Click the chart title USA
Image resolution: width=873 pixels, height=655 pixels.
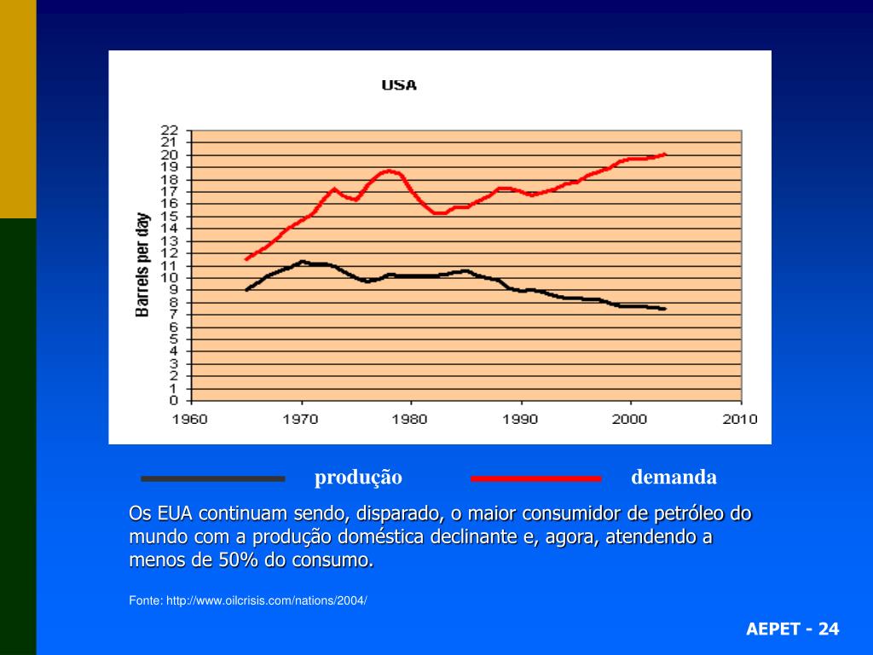click(398, 85)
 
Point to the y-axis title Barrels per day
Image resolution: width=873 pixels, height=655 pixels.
click(142, 265)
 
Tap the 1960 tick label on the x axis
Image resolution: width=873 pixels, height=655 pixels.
click(192, 420)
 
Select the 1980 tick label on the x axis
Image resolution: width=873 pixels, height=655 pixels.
click(411, 420)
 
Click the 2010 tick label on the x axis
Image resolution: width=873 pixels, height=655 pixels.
click(740, 420)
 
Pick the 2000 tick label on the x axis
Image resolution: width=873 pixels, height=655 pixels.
click(630, 420)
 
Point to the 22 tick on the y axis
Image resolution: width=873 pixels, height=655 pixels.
click(169, 130)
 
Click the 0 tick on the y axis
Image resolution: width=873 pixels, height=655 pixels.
click(173, 400)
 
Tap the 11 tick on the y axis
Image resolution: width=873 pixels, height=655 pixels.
click(169, 265)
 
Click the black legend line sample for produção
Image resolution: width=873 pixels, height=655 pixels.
click(212, 478)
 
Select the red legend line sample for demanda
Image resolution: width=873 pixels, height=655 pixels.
click(535, 478)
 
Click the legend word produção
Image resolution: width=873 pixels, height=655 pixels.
click(358, 478)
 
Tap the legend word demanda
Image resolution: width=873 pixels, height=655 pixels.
click(674, 478)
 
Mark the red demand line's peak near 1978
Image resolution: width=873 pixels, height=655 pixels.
click(389, 171)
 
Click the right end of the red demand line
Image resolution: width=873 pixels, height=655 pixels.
click(664, 154)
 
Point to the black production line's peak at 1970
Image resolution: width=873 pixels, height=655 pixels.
click(302, 262)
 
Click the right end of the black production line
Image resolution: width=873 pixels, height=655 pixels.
click(663, 309)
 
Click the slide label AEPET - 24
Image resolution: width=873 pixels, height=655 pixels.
click(792, 629)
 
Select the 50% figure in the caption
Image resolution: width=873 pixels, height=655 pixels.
click(239, 560)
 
